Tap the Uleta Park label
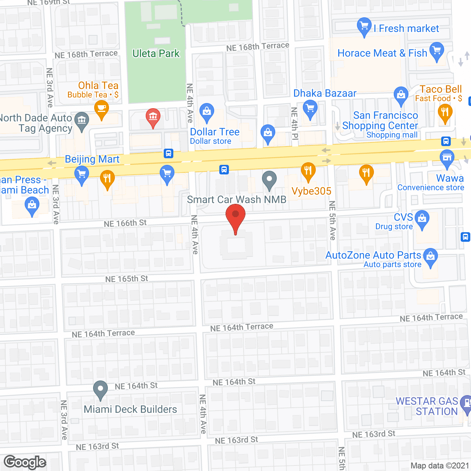[x=156, y=54]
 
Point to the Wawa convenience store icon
[x=447, y=158]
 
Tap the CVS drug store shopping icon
[x=422, y=219]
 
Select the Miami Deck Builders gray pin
[x=100, y=389]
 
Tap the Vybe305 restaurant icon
[x=308, y=171]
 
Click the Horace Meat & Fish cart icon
[x=437, y=50]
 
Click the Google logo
[x=25, y=462]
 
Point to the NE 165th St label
[x=127, y=279]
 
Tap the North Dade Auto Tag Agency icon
[x=82, y=120]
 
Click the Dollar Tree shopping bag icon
[x=207, y=111]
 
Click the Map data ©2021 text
[x=440, y=466]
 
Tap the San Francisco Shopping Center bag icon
[x=401, y=95]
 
